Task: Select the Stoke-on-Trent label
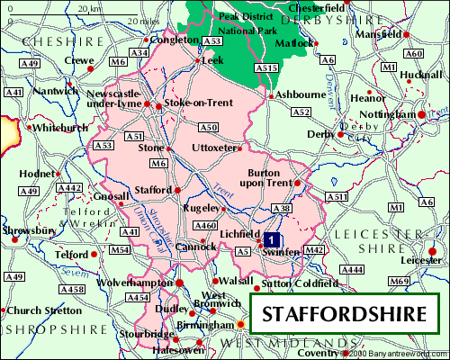[196, 105]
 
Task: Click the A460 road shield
[206, 225]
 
